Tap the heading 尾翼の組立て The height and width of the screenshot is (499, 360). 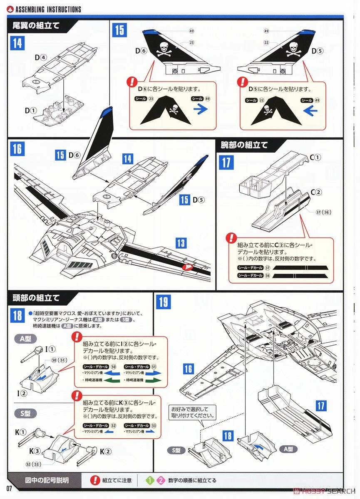click(x=37, y=25)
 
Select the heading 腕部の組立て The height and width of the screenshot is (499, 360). click(x=244, y=145)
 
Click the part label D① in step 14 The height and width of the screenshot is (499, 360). click(x=30, y=111)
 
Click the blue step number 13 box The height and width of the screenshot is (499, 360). click(x=181, y=243)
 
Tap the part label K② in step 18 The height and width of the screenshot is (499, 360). click(x=106, y=451)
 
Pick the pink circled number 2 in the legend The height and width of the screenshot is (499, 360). click(x=161, y=480)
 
